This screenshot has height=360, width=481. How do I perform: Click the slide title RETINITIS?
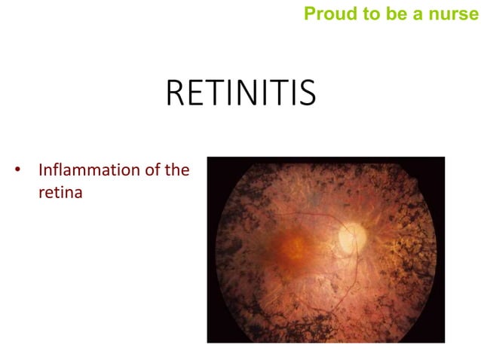[240, 94]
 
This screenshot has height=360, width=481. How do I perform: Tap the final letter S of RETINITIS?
[307, 94]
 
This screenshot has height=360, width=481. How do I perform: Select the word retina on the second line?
[60, 192]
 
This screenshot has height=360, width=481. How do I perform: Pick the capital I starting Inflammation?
[41, 170]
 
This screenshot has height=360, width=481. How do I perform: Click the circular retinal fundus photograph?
[326, 249]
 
